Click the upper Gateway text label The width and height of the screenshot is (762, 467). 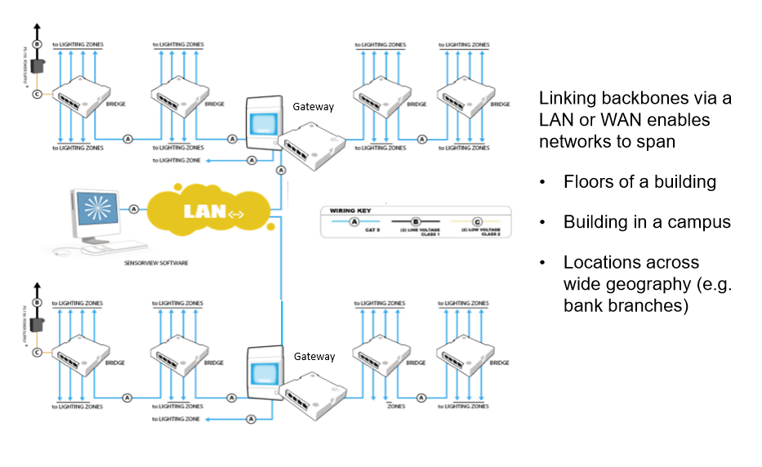[x=314, y=107]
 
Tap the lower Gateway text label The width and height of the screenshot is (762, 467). [x=314, y=357]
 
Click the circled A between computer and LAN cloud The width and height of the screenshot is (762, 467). [x=133, y=209]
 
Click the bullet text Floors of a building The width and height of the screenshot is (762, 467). [x=639, y=181]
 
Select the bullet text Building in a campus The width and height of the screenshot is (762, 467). [x=646, y=222]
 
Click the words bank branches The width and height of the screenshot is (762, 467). [x=626, y=305]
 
